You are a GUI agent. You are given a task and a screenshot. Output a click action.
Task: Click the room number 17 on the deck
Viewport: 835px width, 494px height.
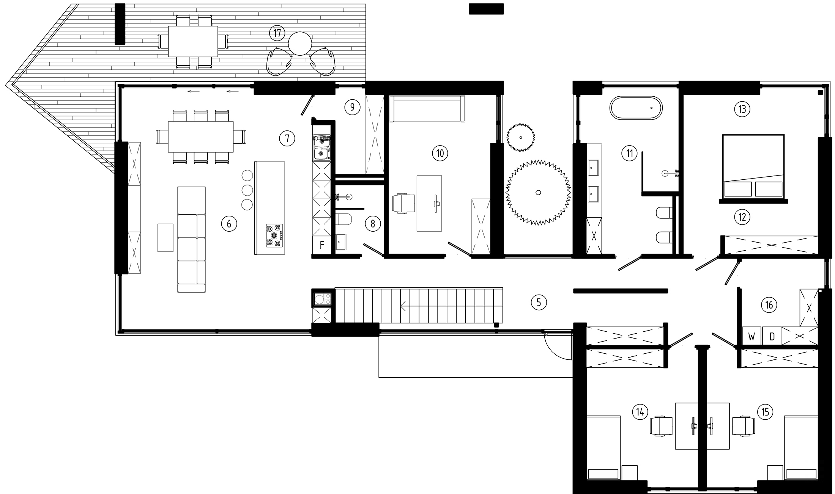point(277,33)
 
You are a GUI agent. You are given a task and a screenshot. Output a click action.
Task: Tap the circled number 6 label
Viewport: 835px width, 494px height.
point(229,224)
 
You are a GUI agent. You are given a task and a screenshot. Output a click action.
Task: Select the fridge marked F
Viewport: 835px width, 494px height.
point(321,245)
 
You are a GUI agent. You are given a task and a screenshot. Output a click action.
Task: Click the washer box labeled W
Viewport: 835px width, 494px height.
point(751,336)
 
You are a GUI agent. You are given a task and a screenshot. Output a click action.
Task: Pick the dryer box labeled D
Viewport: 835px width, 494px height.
point(772,336)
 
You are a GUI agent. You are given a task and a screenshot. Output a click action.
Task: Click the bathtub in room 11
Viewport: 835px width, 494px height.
point(636,108)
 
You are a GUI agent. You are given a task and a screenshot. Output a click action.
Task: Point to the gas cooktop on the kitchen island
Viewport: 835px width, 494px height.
point(274,235)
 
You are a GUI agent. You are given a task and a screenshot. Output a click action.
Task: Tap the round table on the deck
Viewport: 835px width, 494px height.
point(300,44)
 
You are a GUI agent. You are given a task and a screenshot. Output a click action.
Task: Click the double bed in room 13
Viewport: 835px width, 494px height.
point(753,166)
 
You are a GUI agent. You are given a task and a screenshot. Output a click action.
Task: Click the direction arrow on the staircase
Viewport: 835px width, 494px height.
point(403,306)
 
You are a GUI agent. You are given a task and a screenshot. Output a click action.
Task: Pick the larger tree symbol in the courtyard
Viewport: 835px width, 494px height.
point(538,193)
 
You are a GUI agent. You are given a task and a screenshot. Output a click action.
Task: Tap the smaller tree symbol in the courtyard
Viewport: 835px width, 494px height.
point(521,137)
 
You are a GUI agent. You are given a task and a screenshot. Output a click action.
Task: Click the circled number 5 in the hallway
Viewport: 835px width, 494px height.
point(539,302)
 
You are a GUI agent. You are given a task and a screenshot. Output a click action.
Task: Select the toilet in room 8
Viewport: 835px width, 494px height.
point(345,220)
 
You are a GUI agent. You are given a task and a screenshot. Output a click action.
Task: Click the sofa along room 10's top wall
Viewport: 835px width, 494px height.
point(427,109)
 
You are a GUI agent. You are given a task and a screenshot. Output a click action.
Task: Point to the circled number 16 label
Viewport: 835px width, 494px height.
point(769,305)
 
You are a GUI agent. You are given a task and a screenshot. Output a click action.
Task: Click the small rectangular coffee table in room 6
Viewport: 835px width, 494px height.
point(165,237)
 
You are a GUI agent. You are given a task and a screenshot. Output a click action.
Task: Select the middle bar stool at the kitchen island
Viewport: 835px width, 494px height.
point(247,190)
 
